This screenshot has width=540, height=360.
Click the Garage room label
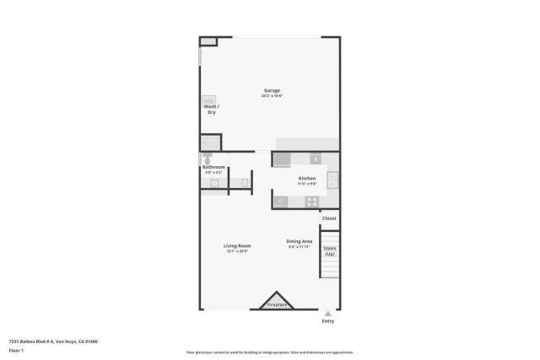pyautogui.click(x=272, y=90)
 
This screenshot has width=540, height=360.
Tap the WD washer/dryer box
pyautogui.click(x=208, y=100)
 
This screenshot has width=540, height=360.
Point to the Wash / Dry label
pyautogui.click(x=212, y=110)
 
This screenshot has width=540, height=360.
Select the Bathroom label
pyautogui.click(x=213, y=167)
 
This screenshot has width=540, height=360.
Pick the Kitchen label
pyautogui.click(x=307, y=178)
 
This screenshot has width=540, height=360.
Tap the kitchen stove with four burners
pyautogui.click(x=312, y=201)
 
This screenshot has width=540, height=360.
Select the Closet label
pyautogui.click(x=329, y=218)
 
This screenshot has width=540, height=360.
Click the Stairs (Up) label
pyautogui.click(x=330, y=250)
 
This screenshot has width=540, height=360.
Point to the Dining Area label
pyautogui.click(x=300, y=242)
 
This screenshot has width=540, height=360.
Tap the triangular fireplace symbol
pyautogui.click(x=277, y=301)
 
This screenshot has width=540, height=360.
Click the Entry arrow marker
pyautogui.click(x=328, y=313)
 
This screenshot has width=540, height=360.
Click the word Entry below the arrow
pyautogui.click(x=328, y=321)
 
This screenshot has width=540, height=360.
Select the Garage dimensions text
pyautogui.click(x=272, y=96)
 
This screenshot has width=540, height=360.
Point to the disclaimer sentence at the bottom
pyautogui.click(x=270, y=352)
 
